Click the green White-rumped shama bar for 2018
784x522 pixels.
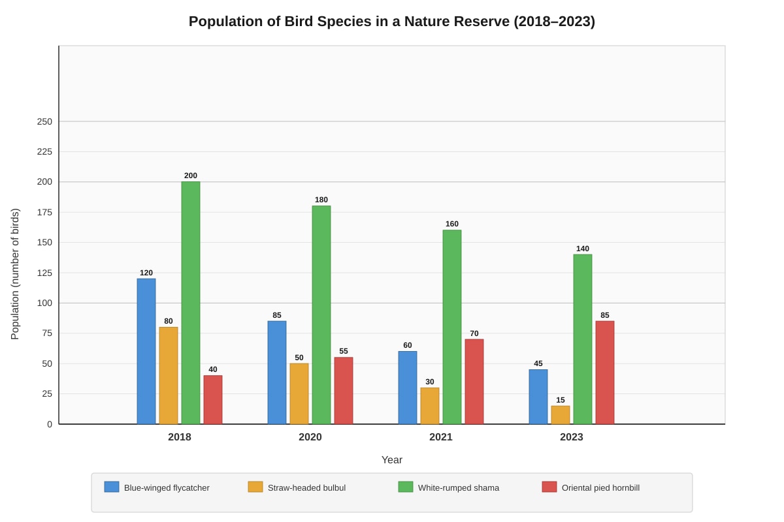coord(191,303)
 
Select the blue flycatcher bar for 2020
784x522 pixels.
coord(277,373)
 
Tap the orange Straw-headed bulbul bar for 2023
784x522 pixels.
coord(561,415)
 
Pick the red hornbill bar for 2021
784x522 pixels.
coord(474,382)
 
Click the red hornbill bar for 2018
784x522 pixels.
coord(213,399)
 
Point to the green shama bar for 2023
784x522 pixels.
coord(583,339)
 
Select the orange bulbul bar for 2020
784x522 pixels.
coord(299,393)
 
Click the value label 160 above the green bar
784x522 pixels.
coord(452,224)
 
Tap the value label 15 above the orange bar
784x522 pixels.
coord(561,400)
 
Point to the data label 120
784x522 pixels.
coord(146,273)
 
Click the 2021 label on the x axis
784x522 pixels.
coord(440,437)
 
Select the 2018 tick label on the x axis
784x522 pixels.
coord(180,437)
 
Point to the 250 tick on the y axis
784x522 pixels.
coord(44,121)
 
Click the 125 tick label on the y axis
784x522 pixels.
coord(44,273)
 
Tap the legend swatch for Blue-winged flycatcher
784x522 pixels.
coord(112,487)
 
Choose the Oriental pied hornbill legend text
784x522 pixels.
coord(600,487)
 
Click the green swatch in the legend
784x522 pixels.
coord(406,487)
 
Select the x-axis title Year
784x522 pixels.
coord(391,460)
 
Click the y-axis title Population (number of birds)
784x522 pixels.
coord(15,274)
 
